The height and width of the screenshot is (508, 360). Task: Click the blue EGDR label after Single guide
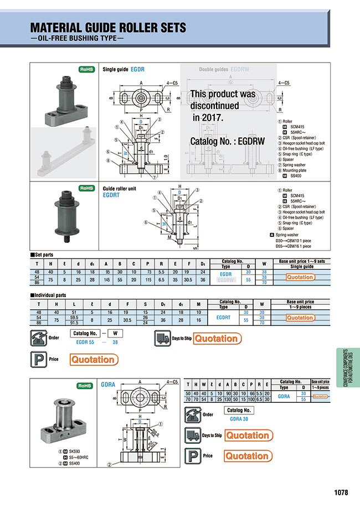pyautogui.click(x=137, y=70)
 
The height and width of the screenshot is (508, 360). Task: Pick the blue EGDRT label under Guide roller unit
pyautogui.click(x=112, y=195)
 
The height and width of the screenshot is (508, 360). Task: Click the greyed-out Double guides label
pyautogui.click(x=213, y=70)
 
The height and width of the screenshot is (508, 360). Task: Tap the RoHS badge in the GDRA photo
pyautogui.click(x=85, y=386)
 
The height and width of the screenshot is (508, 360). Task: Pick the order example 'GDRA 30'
pyautogui.click(x=238, y=420)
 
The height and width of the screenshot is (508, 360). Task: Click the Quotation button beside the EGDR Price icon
pyautogui.click(x=93, y=360)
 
